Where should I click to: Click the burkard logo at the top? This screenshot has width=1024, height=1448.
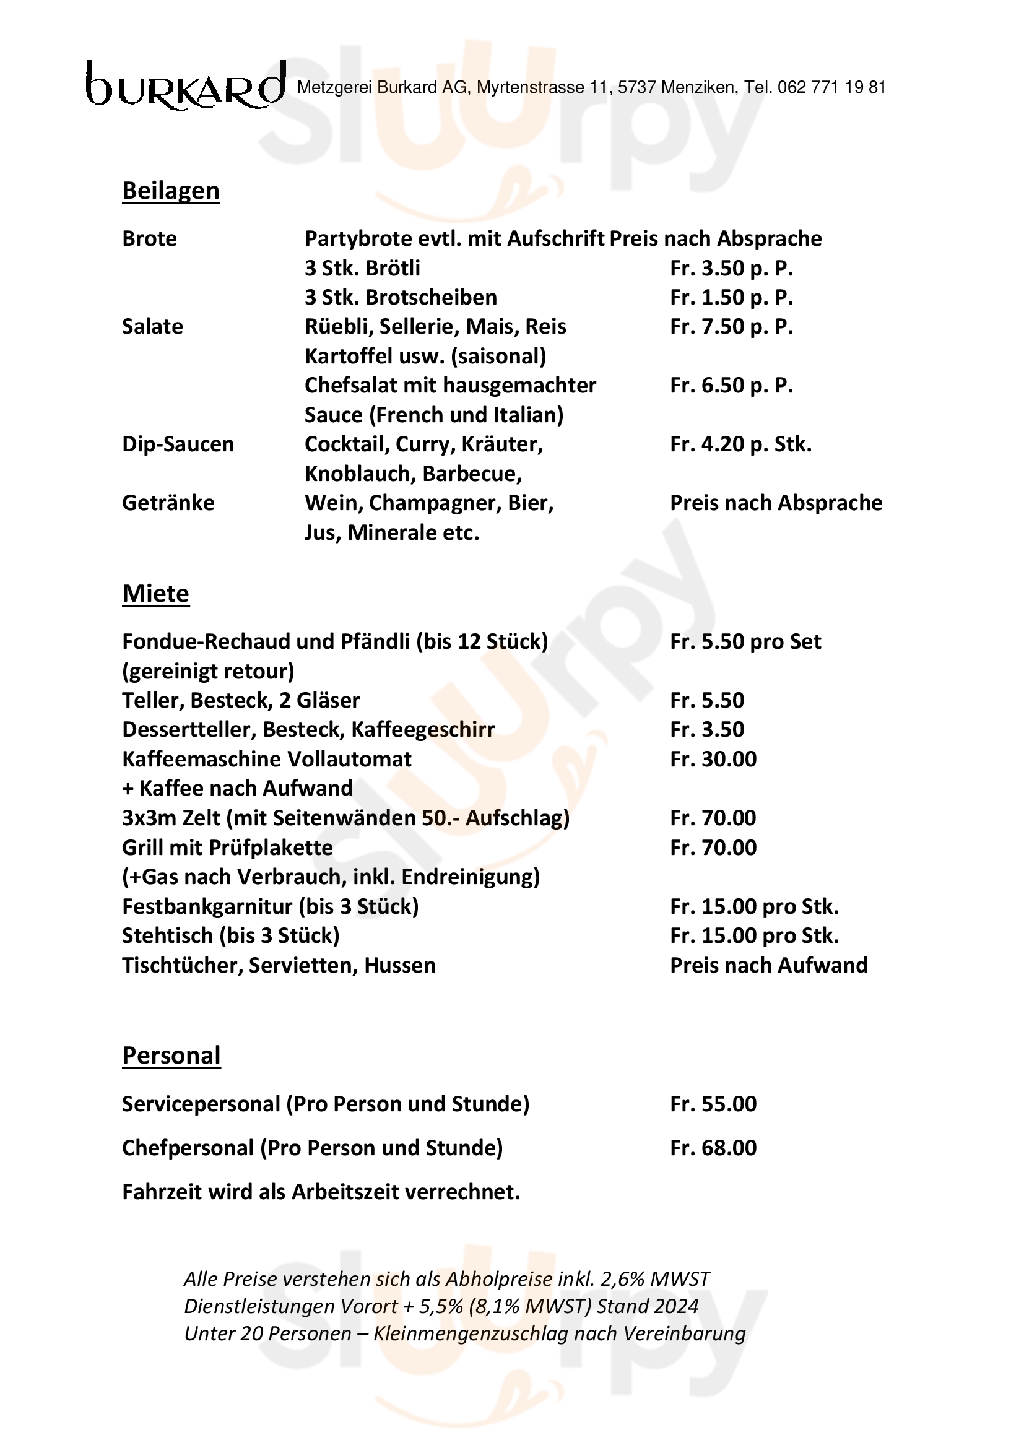tap(185, 85)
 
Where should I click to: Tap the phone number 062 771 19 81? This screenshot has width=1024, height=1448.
tap(831, 88)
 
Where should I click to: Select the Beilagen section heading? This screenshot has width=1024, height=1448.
tap(170, 191)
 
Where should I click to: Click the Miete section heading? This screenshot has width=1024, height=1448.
tap(155, 594)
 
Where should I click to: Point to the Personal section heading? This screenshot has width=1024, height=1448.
tap(171, 1055)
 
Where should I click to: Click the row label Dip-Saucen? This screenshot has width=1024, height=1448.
tap(177, 444)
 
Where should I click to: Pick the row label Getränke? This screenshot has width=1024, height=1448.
tap(168, 503)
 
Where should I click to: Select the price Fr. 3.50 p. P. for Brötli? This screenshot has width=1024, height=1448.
tap(731, 268)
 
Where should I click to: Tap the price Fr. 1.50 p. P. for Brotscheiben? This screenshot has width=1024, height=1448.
tap(731, 297)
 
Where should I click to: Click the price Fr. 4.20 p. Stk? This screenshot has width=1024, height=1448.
tap(740, 444)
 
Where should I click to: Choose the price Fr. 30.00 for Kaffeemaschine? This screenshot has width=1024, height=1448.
tap(713, 759)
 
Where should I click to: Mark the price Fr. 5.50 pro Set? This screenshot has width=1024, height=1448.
tap(745, 641)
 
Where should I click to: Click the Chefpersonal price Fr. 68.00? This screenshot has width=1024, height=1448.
tap(713, 1148)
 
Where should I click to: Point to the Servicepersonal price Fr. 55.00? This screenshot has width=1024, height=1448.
tap(713, 1104)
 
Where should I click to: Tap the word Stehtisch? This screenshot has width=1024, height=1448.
tap(167, 935)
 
